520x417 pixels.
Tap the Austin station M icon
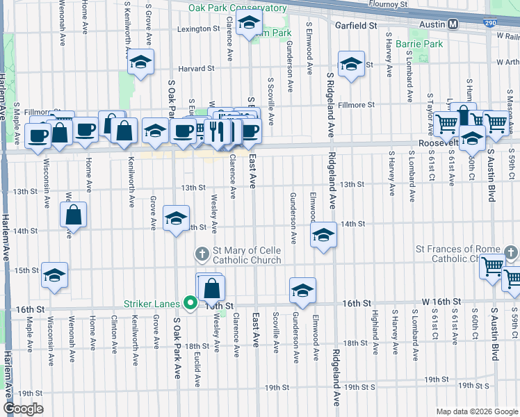tap(453, 24)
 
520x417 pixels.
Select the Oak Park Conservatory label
tap(238, 8)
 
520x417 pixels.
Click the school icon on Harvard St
tap(140, 63)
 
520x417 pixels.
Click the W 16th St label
tap(441, 302)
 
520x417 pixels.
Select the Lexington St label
tap(198, 29)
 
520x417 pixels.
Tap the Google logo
tap(24, 409)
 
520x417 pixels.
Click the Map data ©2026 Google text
tap(476, 411)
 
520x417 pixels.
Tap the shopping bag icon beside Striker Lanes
tap(212, 286)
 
